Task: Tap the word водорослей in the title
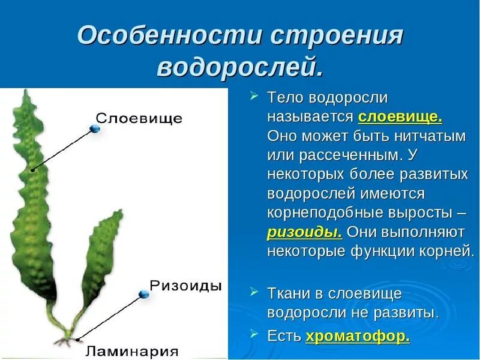(239, 67)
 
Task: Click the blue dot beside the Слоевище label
(94, 128)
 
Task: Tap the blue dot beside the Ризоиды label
(143, 293)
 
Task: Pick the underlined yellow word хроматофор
(358, 336)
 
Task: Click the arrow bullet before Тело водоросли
(254, 96)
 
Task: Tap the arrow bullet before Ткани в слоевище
(254, 292)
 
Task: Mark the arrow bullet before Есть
(254, 334)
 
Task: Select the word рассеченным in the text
(343, 155)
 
